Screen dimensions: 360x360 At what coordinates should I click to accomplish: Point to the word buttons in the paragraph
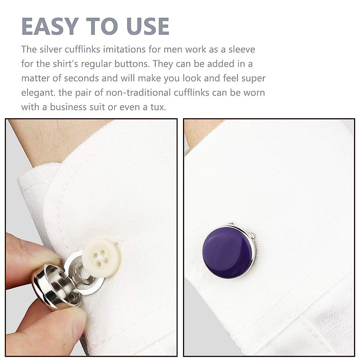click(133, 64)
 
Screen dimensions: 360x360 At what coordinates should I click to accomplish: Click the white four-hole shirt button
click(102, 256)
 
